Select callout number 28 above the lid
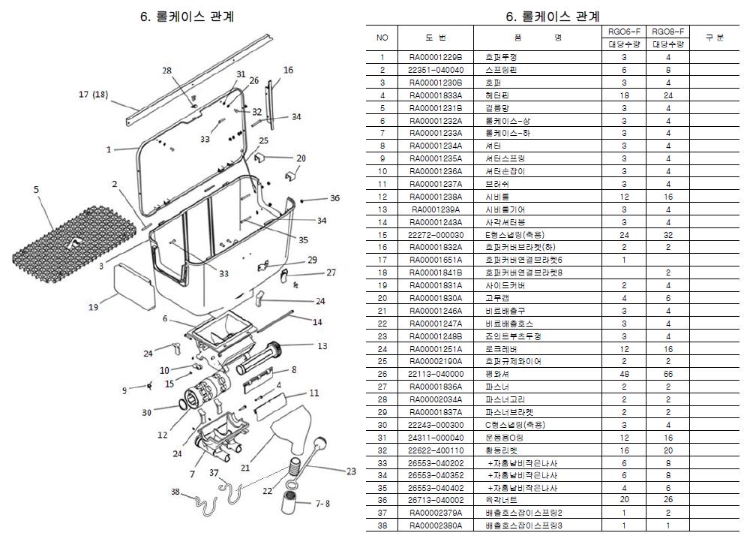pos(166,70)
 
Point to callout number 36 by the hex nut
pos(334,198)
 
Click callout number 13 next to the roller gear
pos(323,346)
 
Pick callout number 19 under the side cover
pos(93,306)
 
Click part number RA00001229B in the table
pos(436,57)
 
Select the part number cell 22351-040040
pos(436,70)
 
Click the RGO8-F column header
pos(667,32)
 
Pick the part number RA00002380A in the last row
pos(436,525)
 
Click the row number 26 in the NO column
pos(382,373)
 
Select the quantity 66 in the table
pos(667,373)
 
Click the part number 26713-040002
pos(436,499)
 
